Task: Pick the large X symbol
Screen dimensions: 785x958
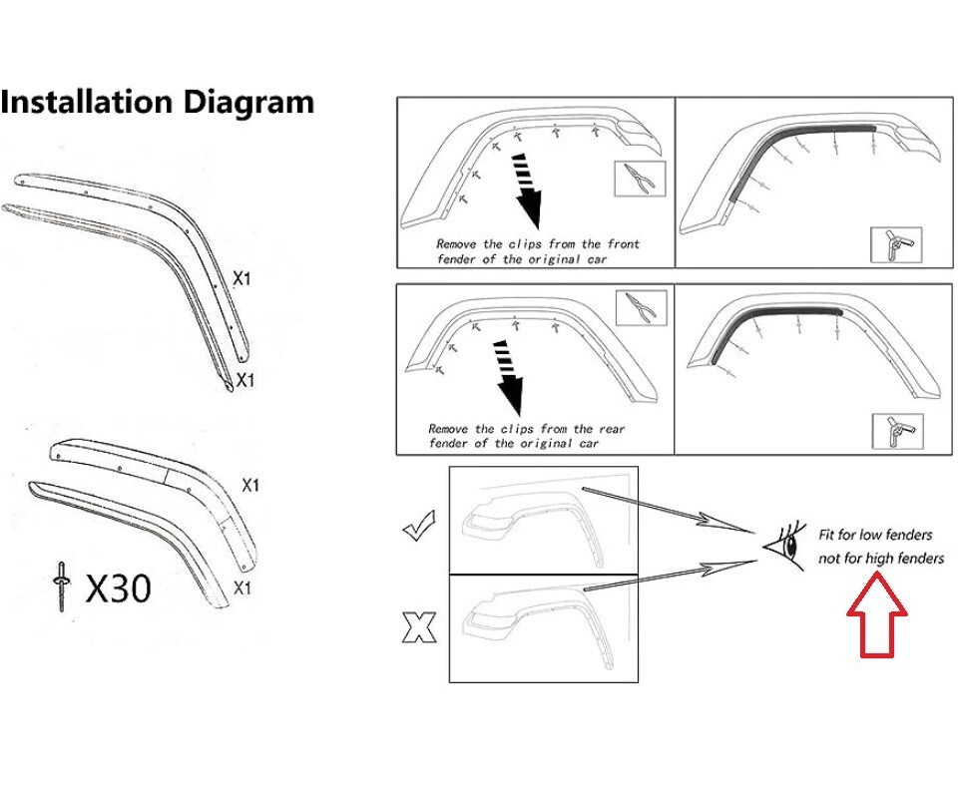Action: click(419, 627)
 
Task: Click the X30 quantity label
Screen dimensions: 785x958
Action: click(119, 589)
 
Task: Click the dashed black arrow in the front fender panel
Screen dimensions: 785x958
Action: click(526, 191)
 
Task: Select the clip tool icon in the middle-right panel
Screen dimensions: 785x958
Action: click(896, 431)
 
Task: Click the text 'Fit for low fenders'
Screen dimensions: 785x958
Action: click(876, 536)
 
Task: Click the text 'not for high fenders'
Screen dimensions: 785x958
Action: click(880, 559)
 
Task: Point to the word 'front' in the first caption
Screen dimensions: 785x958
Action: click(623, 243)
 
